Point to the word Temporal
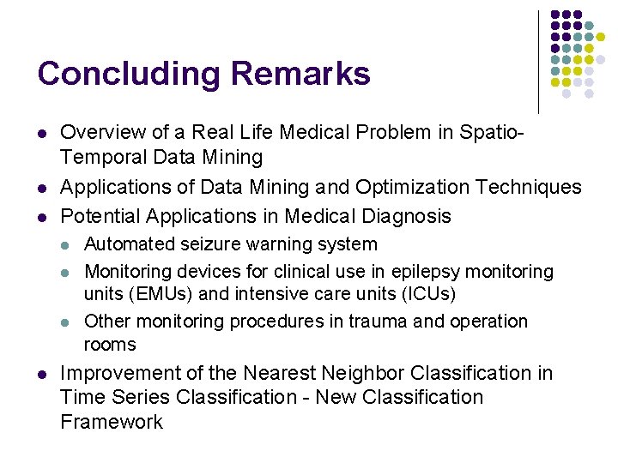point(102,157)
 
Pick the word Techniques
point(530,187)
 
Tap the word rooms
point(110,345)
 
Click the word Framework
point(112,422)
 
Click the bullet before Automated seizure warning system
point(66,245)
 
